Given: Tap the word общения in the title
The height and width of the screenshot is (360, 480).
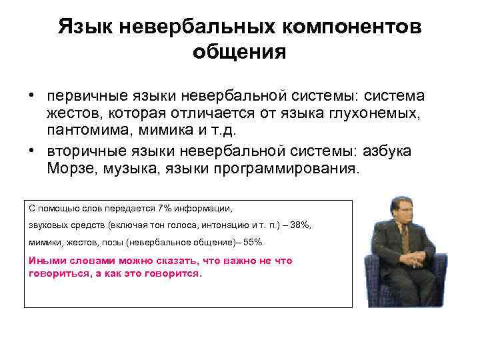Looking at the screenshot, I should tap(240, 51).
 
